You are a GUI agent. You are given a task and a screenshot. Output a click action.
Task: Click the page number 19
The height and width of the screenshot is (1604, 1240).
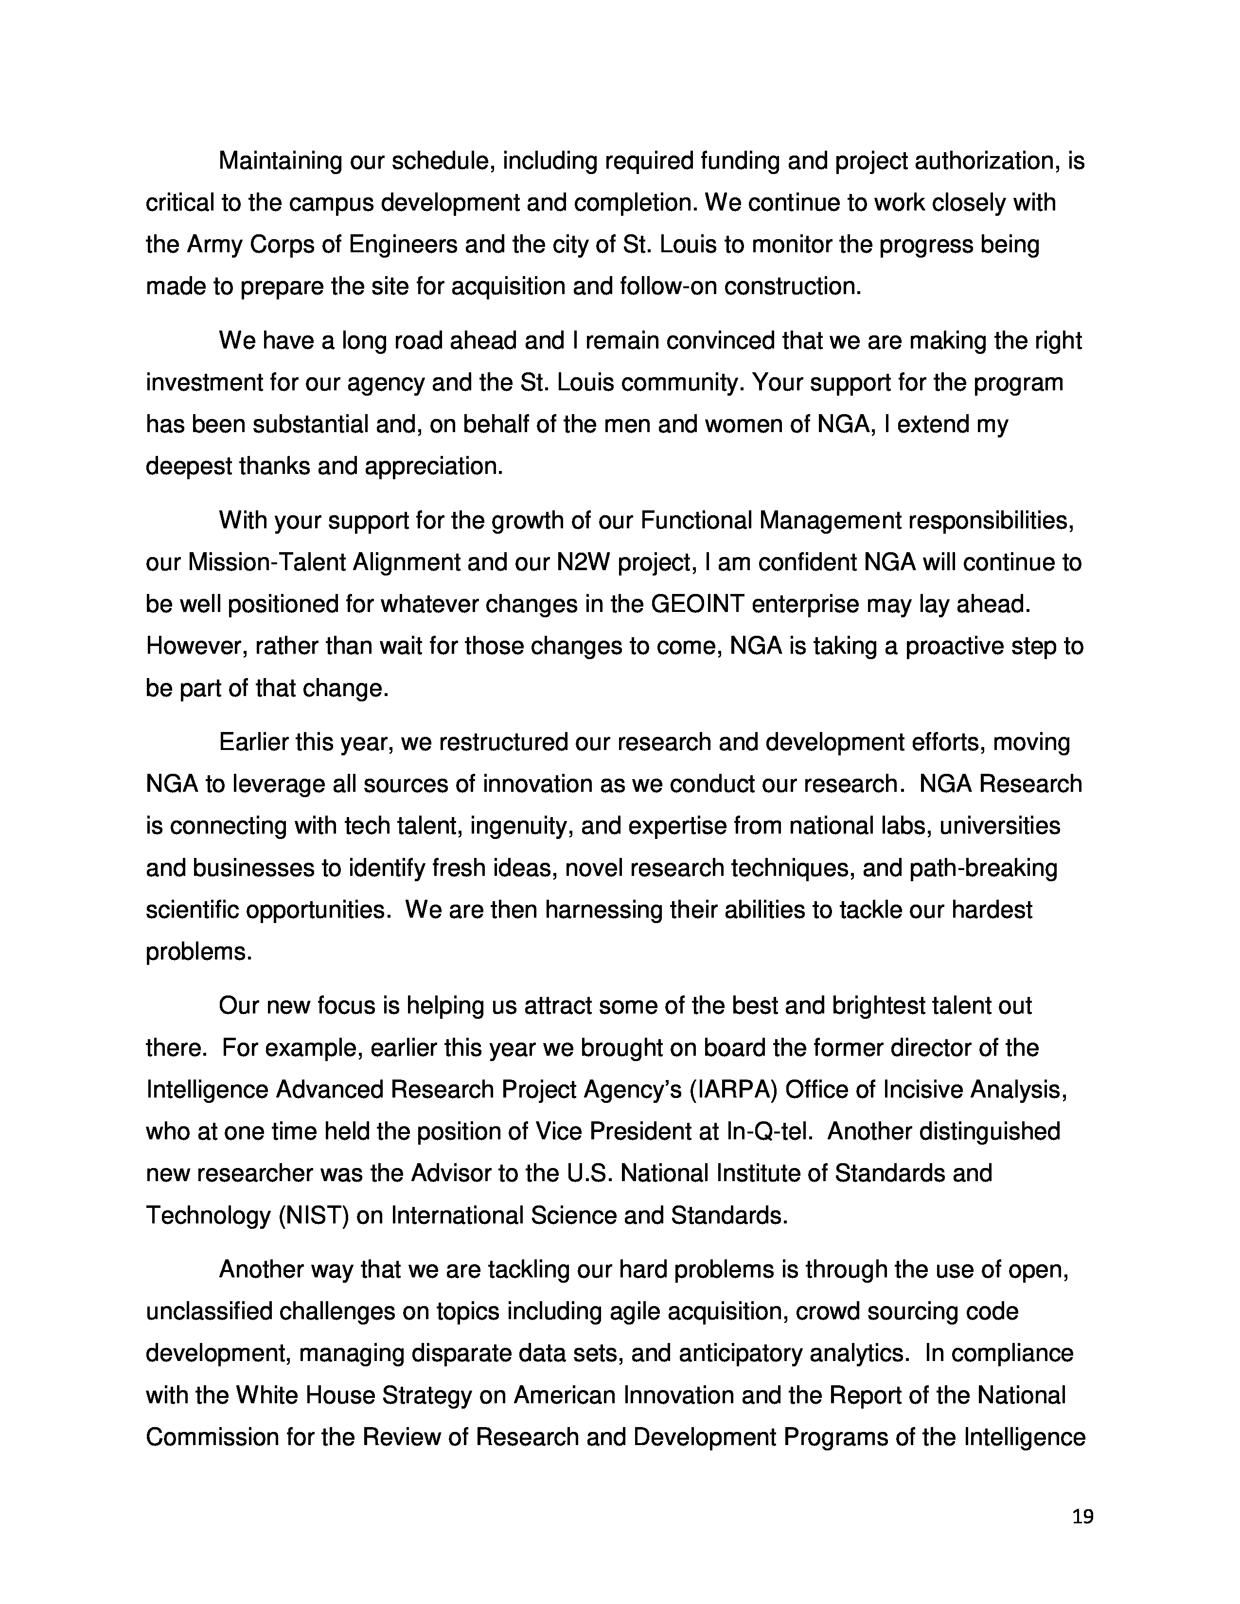(x=1082, y=1517)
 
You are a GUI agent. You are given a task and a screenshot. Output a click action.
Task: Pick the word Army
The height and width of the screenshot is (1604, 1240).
(x=214, y=244)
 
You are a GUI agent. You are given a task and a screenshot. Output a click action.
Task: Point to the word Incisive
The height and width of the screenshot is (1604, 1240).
(x=922, y=1089)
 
